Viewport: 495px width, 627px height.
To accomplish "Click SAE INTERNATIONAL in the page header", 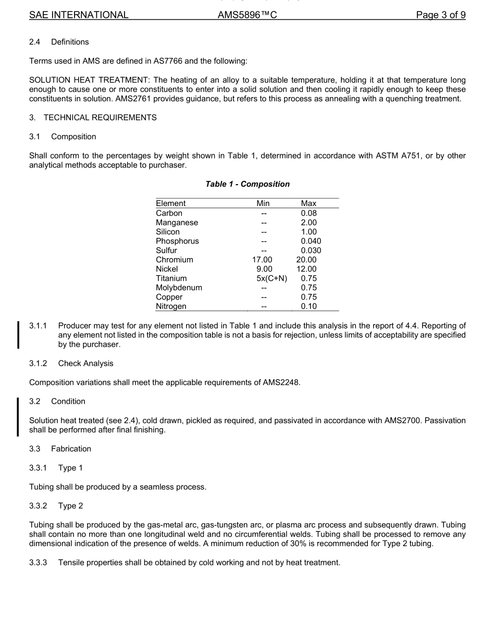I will click(79, 15).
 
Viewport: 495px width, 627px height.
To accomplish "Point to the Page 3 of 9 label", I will click(441, 15).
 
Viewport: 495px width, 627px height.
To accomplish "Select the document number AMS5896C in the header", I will click(247, 15).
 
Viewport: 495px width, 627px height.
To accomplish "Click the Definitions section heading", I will click(70, 42).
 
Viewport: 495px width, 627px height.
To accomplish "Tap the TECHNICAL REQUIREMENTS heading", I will click(100, 118).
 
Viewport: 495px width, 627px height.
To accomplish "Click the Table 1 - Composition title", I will click(247, 184).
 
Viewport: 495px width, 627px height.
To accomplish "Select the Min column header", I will click(263, 203).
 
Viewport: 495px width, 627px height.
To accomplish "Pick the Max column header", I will click(308, 203).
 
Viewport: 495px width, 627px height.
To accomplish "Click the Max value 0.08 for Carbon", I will click(308, 213).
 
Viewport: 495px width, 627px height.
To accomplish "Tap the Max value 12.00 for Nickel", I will click(306, 269).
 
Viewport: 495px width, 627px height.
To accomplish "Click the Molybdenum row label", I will click(179, 288).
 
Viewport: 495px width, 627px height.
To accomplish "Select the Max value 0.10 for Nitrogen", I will click(308, 307).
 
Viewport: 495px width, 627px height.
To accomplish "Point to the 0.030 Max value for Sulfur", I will click(311, 250).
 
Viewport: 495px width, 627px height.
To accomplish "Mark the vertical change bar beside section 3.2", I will click(19, 416).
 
